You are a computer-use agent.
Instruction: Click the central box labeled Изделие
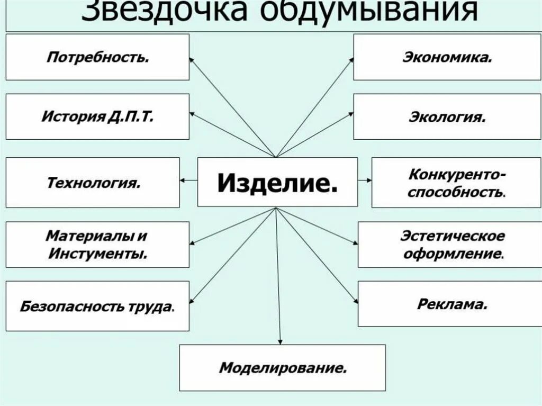[x=277, y=182]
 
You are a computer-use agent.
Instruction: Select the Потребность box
[x=97, y=57]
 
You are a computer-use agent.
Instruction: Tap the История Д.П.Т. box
[x=97, y=116]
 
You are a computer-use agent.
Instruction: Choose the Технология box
[x=93, y=183]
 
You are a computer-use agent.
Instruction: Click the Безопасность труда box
[x=97, y=306]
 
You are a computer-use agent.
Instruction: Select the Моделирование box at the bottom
[x=283, y=367]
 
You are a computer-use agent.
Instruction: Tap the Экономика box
[x=447, y=57]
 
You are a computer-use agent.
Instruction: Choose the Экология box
[x=447, y=116]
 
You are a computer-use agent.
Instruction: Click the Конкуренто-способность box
[x=456, y=183]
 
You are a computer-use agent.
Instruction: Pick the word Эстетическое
[x=453, y=236]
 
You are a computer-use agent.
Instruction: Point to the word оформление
[x=453, y=253]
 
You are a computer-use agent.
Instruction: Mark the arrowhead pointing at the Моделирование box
[x=280, y=341]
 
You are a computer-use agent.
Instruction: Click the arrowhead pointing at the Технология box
[x=183, y=181]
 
